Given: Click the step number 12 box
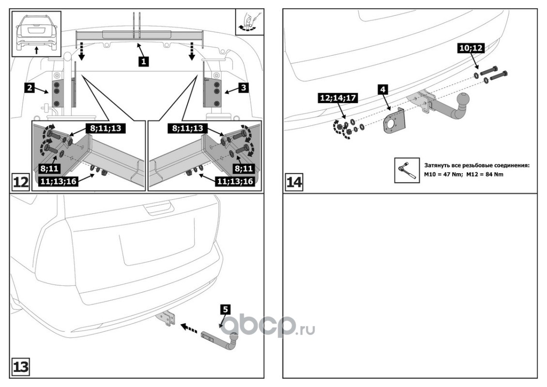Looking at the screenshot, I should point(20,183).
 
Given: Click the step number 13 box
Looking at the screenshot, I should point(20,367).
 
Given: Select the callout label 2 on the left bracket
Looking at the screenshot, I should point(30,88).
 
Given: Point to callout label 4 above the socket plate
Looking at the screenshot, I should point(382,89).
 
